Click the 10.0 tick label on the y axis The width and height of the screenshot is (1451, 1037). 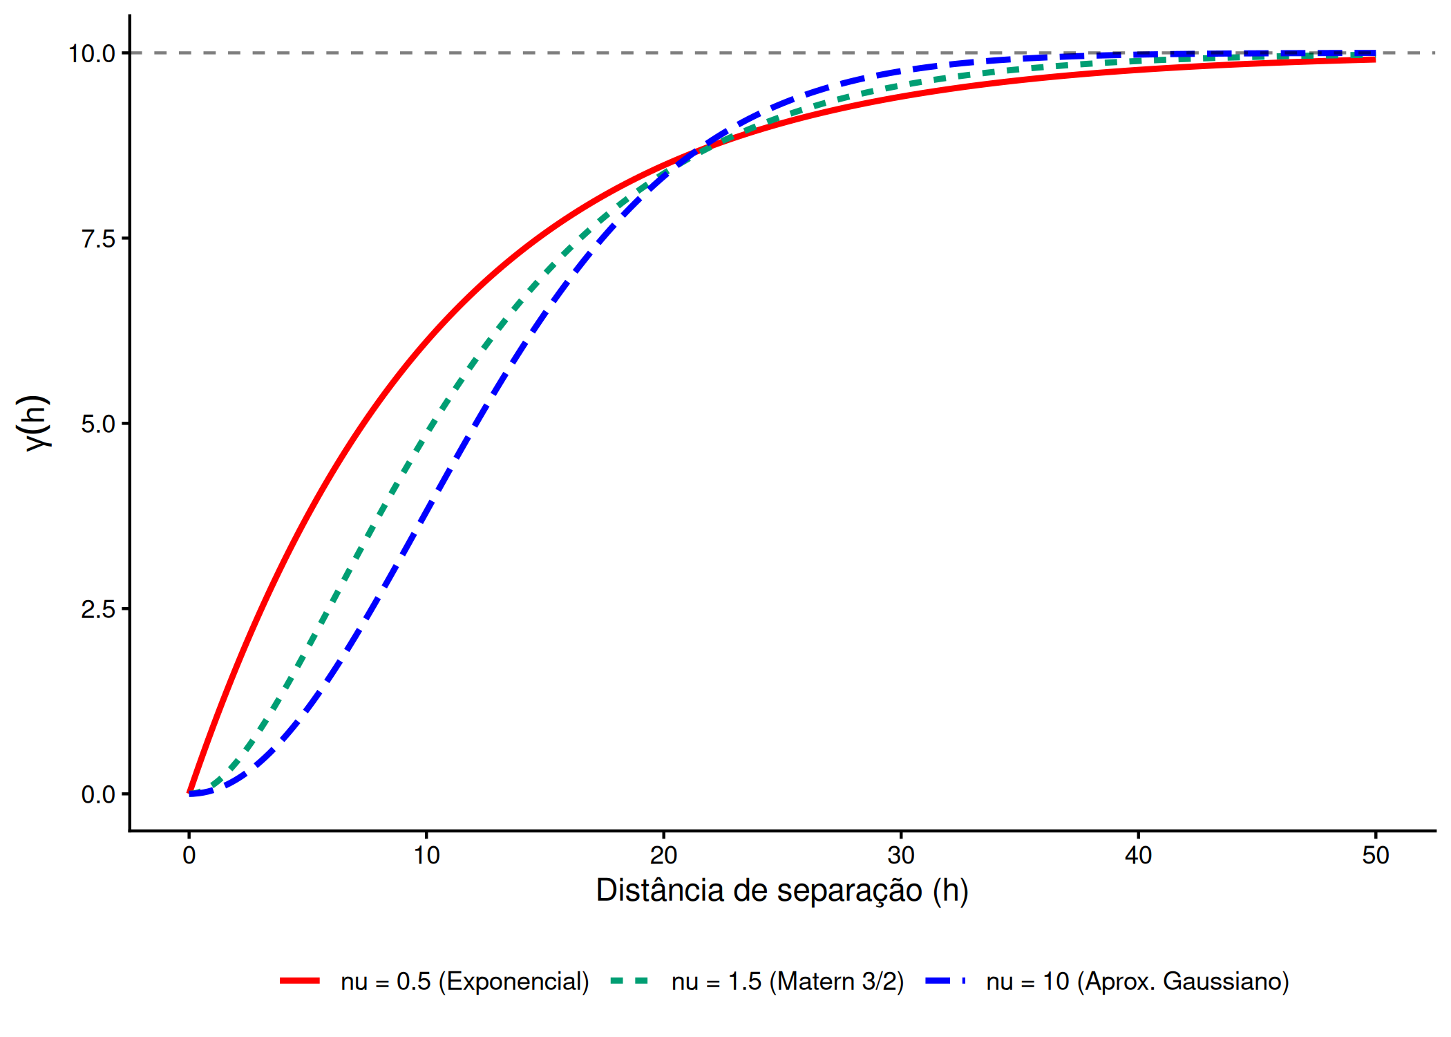point(91,54)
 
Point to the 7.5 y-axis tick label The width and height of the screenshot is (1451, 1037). point(98,239)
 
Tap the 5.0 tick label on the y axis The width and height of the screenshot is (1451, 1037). point(98,424)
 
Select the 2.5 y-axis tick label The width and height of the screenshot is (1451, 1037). point(98,610)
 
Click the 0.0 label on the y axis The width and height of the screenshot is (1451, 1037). point(98,795)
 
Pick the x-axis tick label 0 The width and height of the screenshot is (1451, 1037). point(189,856)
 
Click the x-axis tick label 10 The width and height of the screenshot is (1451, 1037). point(426,856)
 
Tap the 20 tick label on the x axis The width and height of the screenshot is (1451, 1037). point(663,856)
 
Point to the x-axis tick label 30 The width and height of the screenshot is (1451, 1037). point(901,856)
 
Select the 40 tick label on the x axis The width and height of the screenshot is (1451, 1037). point(1138,856)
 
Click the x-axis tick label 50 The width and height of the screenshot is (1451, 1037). point(1375,856)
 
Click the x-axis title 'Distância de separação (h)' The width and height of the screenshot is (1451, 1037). point(782,890)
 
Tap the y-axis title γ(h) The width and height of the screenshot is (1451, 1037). point(35,423)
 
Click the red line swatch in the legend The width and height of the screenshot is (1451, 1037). point(300,981)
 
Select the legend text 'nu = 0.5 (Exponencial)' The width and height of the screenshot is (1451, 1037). point(464,982)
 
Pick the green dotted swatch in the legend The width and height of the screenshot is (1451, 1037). point(630,981)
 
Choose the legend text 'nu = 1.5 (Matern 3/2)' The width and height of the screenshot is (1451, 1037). point(788,982)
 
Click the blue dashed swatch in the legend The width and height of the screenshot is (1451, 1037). point(945,981)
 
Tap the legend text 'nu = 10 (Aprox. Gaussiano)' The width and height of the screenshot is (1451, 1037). point(1137,982)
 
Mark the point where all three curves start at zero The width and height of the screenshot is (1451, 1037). point(189,793)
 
